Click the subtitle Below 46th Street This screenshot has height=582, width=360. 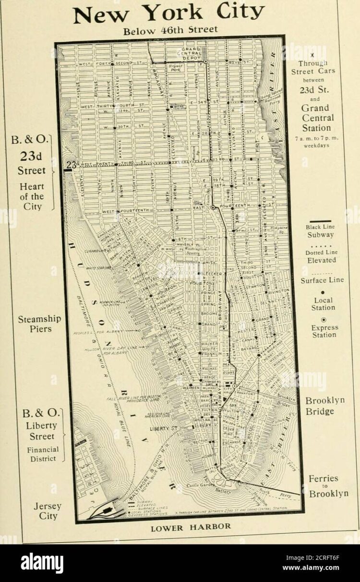[x=170, y=30]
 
